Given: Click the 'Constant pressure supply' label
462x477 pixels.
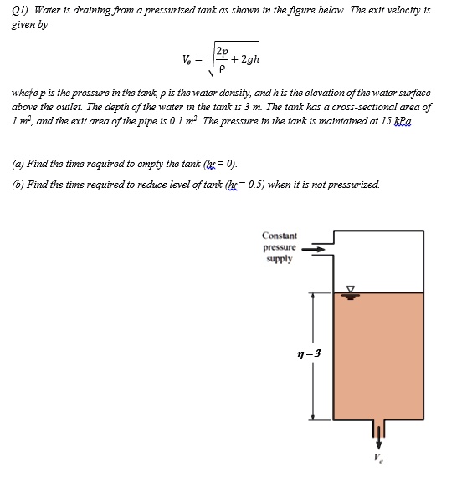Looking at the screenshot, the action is click(279, 247).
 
